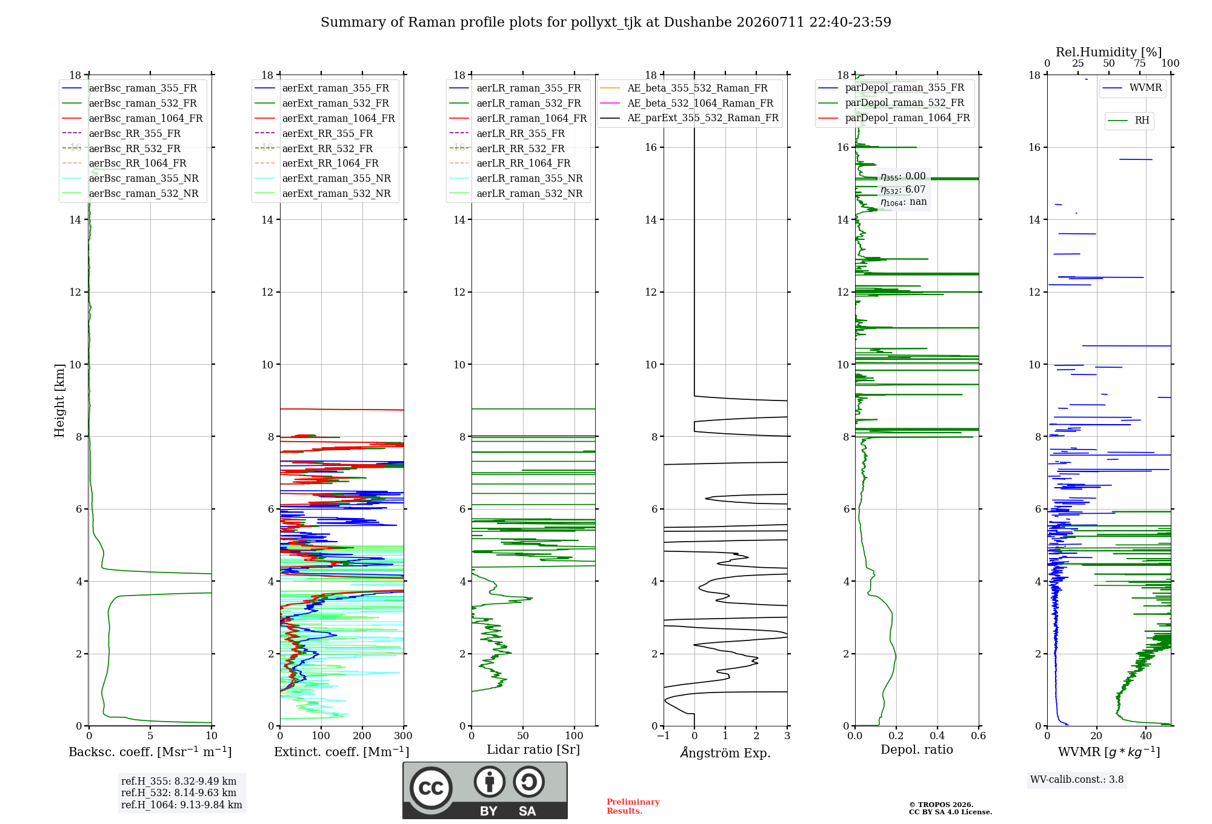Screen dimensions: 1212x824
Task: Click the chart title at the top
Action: tap(606, 22)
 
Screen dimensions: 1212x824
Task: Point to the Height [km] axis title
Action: tap(59, 400)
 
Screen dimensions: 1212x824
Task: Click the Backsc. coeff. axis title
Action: tap(150, 752)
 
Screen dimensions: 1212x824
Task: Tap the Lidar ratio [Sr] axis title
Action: tap(533, 750)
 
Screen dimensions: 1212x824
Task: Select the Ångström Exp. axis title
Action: tap(725, 753)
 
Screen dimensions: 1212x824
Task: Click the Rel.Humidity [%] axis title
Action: tap(1109, 52)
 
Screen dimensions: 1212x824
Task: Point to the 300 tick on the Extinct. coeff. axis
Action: tap(404, 736)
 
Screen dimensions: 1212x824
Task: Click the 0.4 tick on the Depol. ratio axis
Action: tap(937, 736)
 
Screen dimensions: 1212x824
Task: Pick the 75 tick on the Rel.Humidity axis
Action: tap(1140, 64)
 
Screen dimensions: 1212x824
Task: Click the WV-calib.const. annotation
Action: tap(1077, 780)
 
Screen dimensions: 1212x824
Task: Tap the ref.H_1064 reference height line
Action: tap(182, 805)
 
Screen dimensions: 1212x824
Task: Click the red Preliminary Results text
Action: tap(633, 806)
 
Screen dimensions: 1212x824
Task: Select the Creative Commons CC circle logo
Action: tap(431, 788)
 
